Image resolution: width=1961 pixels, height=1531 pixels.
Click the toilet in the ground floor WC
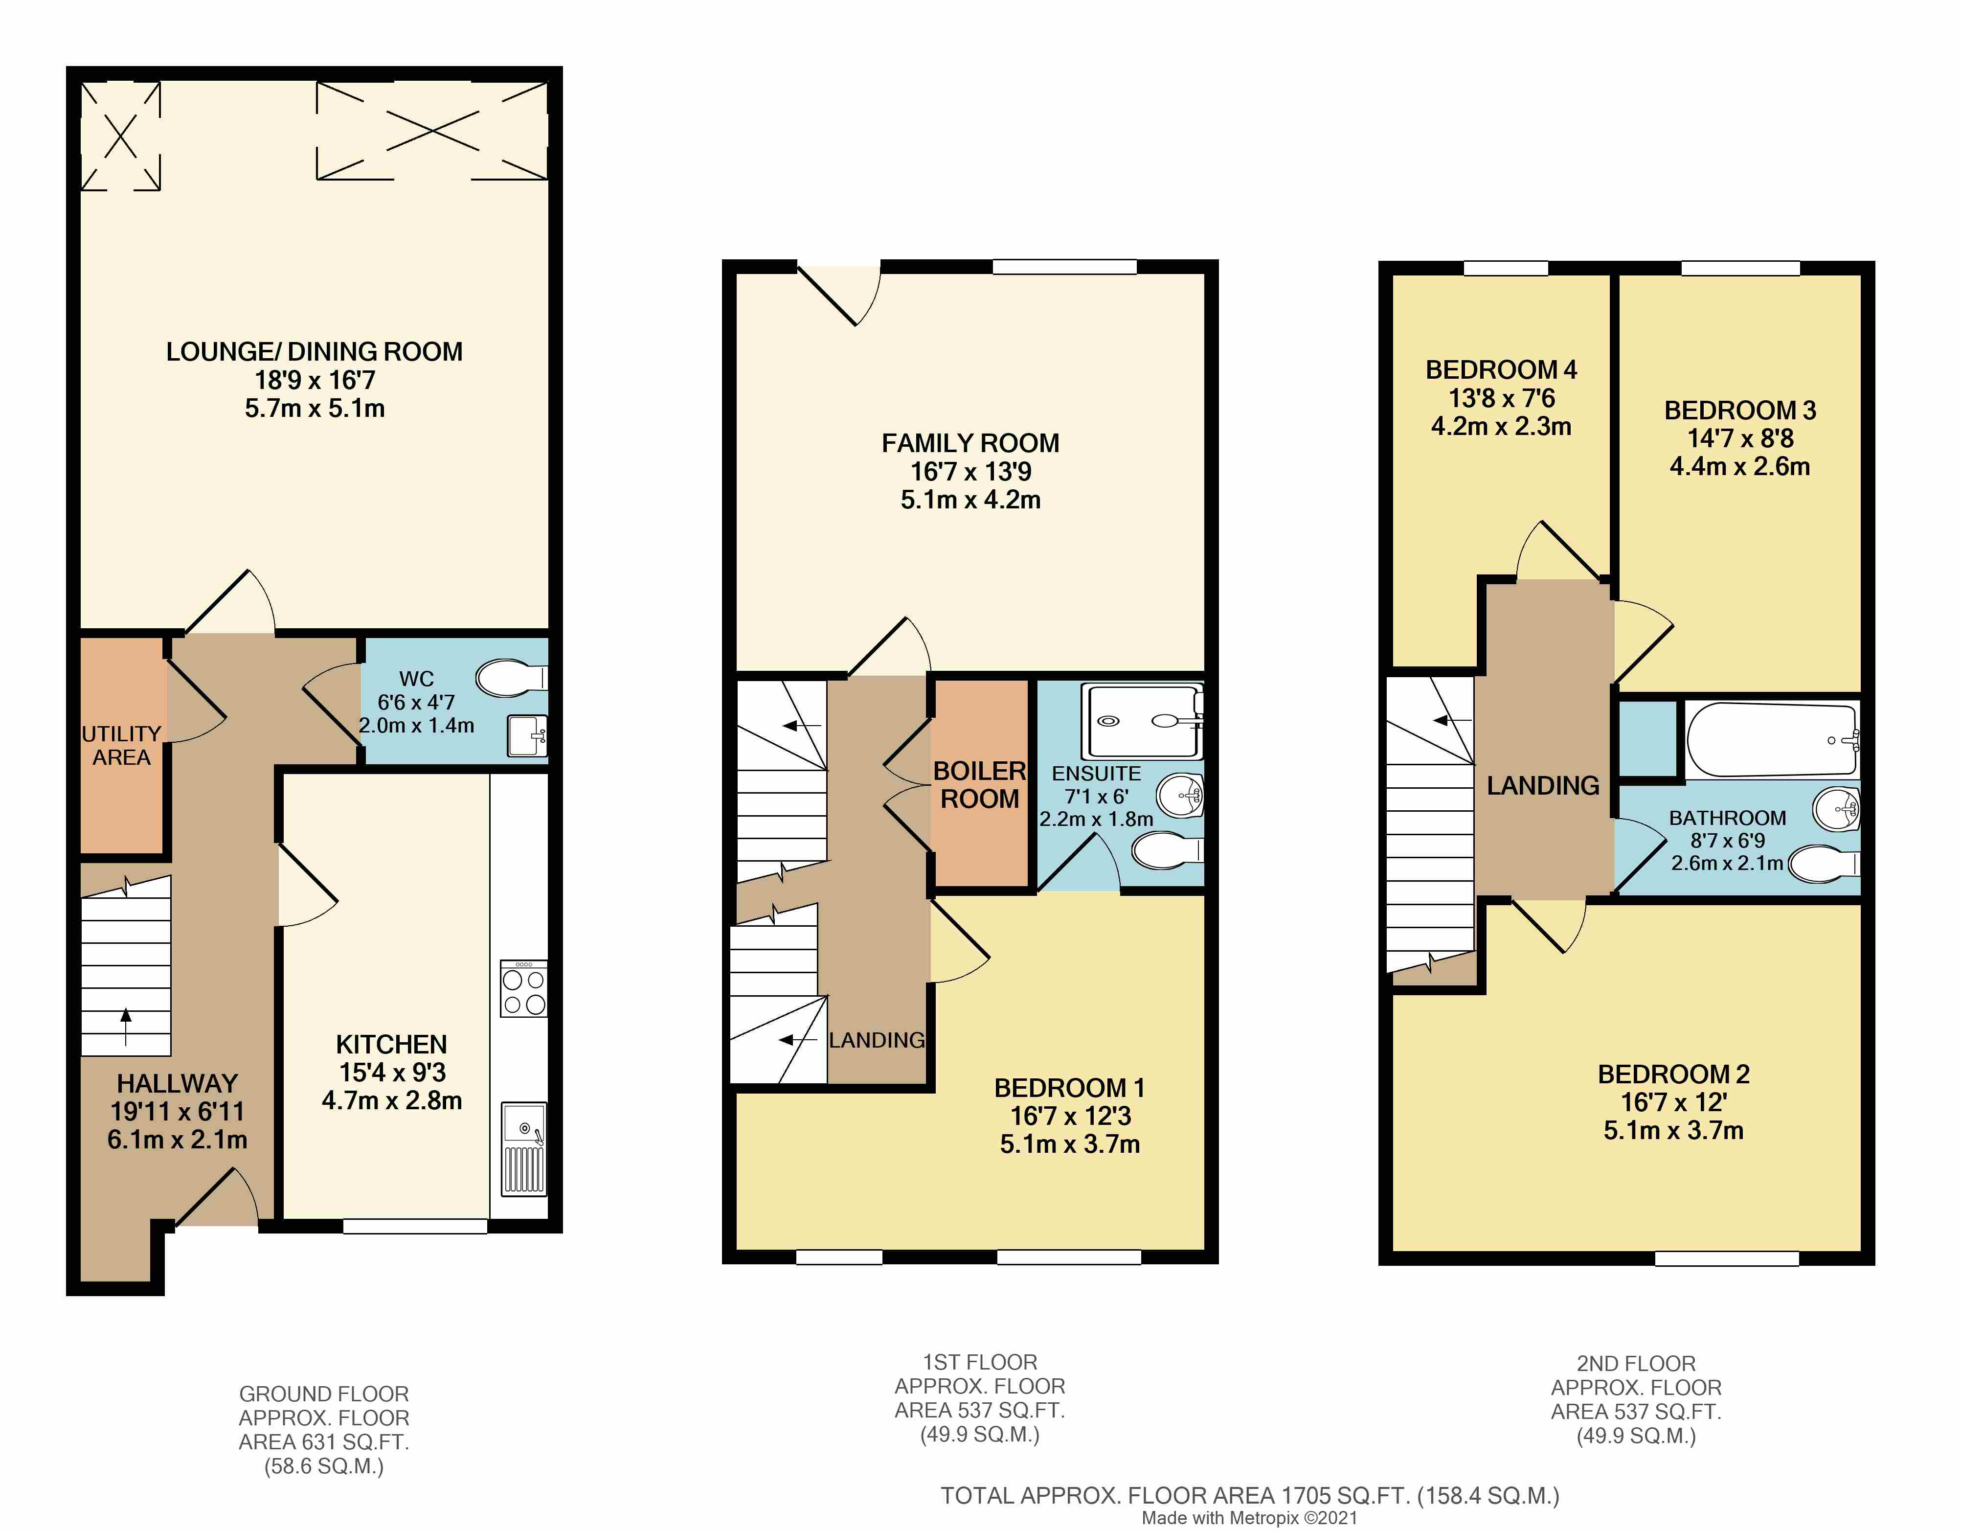click(511, 678)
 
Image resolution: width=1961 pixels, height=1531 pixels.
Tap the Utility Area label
click(121, 745)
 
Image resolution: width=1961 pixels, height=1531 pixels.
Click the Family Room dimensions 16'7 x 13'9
click(970, 471)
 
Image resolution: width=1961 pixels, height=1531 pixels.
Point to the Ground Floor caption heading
click(324, 1394)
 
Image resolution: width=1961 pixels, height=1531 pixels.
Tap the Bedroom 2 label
click(1674, 1074)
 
